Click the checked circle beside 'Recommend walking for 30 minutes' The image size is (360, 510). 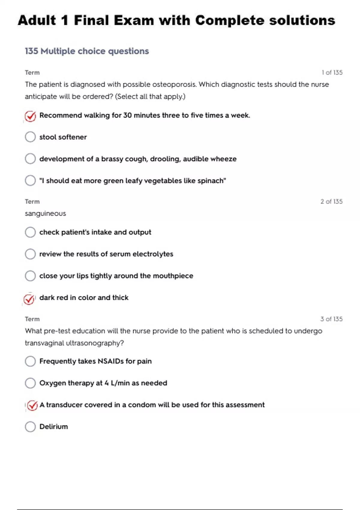coord(30,116)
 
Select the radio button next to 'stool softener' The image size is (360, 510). coord(30,137)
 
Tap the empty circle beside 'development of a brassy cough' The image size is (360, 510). coord(30,159)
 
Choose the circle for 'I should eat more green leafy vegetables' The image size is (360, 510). coord(30,181)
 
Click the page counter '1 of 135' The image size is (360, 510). coord(332,73)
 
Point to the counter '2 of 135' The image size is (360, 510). coord(331,202)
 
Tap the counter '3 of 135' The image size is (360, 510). coord(331,319)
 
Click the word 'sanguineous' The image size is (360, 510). coord(45,214)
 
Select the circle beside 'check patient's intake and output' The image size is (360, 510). coord(30,232)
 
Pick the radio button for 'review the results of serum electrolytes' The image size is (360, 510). coord(30,254)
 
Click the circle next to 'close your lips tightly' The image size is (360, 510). coord(30,276)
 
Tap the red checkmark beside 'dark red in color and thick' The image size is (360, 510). coord(29,299)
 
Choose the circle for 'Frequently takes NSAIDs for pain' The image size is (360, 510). coord(30,361)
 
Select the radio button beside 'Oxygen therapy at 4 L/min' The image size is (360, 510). coord(30,383)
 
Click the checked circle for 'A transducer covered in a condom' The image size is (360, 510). coord(32,406)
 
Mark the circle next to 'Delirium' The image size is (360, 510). coord(30,427)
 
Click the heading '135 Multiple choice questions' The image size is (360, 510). coord(87,51)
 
